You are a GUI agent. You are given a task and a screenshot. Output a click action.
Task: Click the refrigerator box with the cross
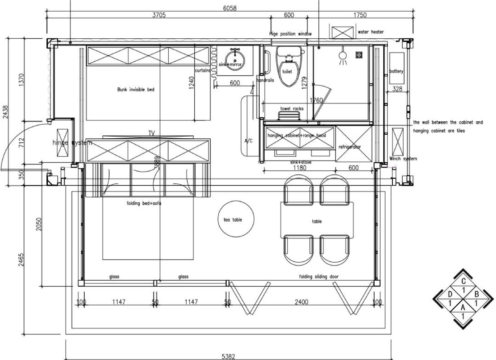pos(354,144)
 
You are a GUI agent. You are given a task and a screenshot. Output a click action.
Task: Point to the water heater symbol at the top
pos(343,32)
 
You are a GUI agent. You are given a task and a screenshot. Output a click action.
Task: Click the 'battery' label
pos(396,71)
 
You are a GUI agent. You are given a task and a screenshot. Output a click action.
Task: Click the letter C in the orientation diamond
pos(463,281)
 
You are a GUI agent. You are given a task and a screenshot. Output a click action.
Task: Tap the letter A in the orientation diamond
pos(463,307)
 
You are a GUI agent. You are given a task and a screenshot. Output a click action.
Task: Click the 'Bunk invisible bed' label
pos(136,90)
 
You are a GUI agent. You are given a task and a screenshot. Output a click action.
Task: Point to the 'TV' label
pos(152,133)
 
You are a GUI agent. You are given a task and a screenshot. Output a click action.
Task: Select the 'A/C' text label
pos(248,141)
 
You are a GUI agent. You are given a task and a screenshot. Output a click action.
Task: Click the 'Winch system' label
pos(403,159)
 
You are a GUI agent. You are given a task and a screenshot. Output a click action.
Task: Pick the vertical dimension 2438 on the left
pos(5,112)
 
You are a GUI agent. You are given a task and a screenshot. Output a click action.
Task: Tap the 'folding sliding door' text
pos(319,277)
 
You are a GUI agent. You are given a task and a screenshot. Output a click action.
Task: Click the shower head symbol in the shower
pos(342,56)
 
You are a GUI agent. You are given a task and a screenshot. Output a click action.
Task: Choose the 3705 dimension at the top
pos(159,15)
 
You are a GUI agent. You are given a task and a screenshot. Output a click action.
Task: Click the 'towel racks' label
pos(291,109)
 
